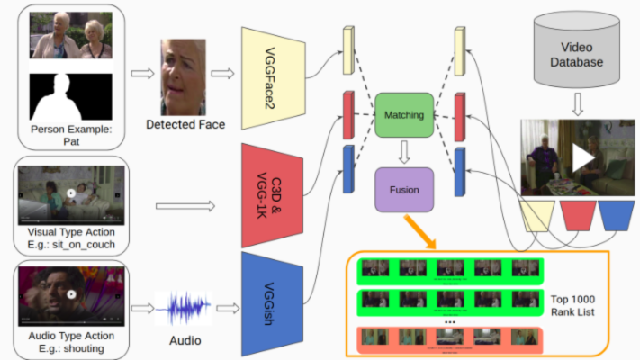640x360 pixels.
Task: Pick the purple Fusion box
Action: (404, 190)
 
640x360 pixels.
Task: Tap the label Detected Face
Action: (185, 124)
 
